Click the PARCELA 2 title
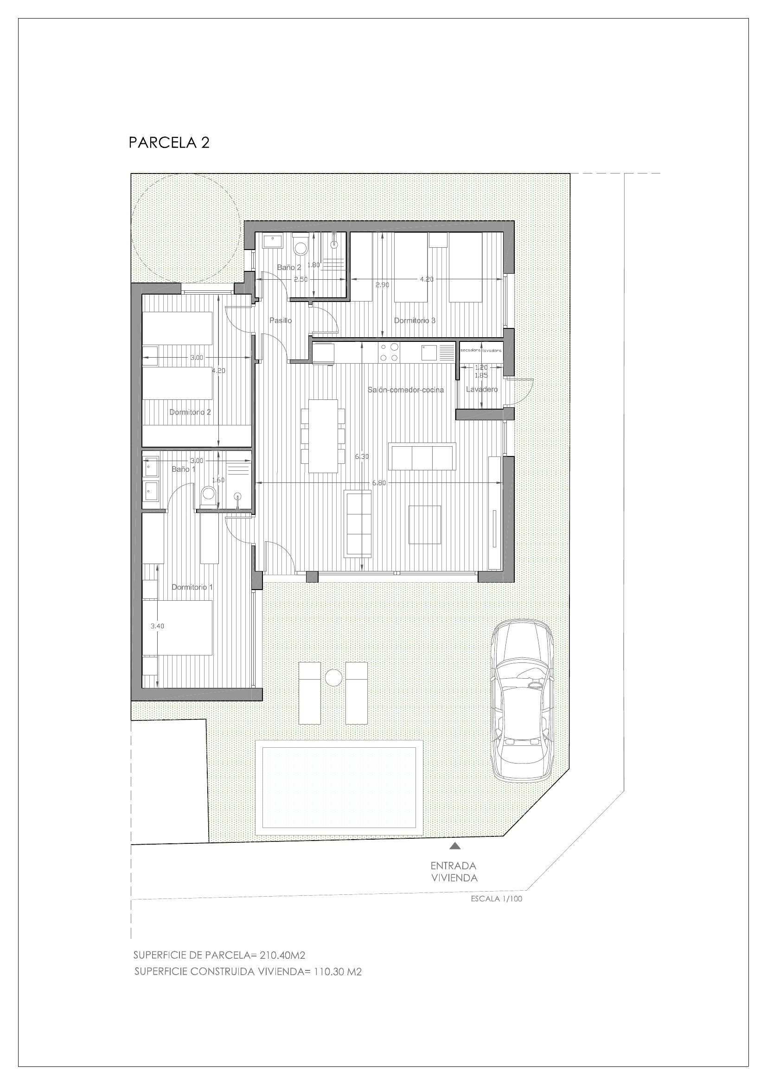click(169, 143)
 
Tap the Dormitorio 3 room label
click(415, 321)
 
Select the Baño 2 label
click(288, 268)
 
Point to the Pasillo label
click(281, 321)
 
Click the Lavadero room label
click(482, 390)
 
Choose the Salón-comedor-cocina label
click(406, 390)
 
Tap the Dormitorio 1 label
click(192, 587)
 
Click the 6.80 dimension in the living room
click(379, 483)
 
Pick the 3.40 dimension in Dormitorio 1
click(157, 626)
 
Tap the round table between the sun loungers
click(333, 678)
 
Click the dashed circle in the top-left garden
click(185, 225)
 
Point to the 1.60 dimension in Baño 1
click(218, 480)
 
